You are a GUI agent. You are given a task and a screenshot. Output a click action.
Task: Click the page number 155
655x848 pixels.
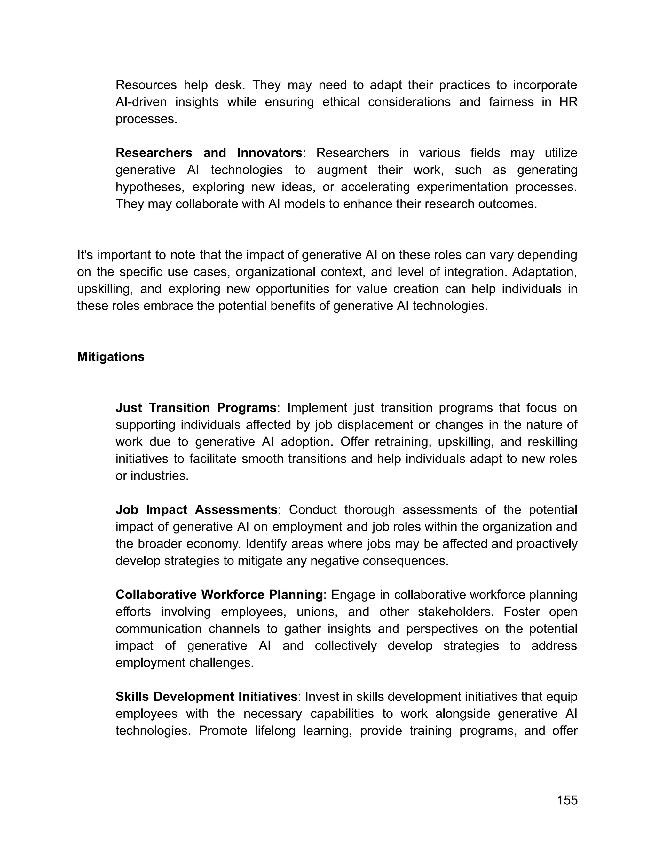coord(567,800)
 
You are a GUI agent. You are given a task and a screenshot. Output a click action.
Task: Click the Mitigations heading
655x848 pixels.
coord(111,357)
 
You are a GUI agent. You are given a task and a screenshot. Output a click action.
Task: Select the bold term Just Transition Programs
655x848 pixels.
coord(196,408)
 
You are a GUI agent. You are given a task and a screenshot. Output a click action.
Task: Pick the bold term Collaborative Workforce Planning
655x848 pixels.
coord(219,595)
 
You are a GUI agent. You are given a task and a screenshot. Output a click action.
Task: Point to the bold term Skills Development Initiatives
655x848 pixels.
coord(206,697)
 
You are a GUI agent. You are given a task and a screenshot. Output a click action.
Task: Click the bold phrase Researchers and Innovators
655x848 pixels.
coord(209,153)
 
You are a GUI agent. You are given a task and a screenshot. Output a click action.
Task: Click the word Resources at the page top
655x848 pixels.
coord(146,85)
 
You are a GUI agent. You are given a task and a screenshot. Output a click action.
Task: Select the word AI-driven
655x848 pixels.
coord(141,102)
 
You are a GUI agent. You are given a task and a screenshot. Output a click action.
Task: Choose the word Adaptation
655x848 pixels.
coord(544,272)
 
